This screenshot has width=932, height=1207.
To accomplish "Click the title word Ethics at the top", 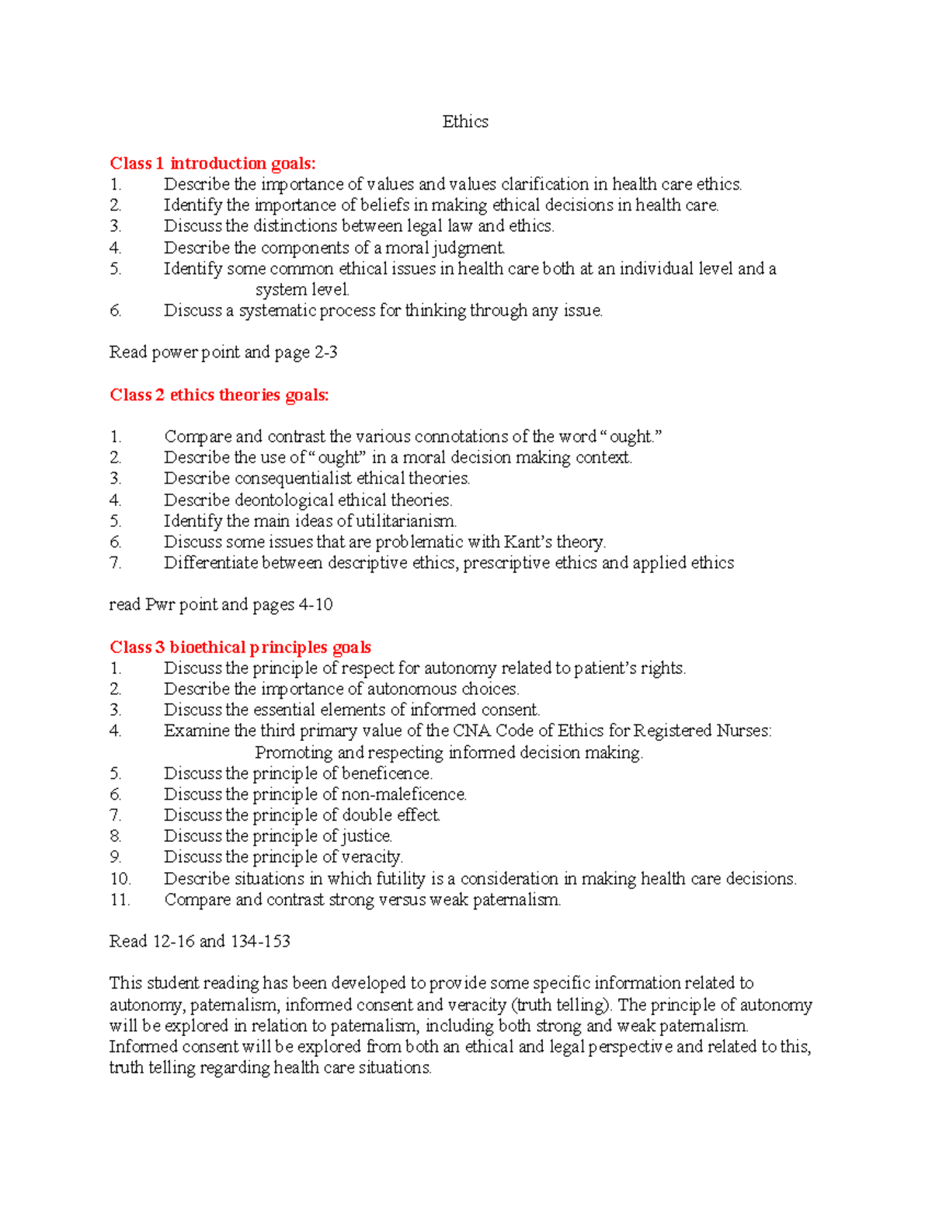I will click(x=465, y=122).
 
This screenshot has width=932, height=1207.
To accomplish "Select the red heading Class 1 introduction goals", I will click(x=213, y=163).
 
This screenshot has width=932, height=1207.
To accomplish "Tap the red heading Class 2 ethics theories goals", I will click(x=219, y=395).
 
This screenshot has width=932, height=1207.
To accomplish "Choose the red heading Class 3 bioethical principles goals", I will click(x=240, y=647).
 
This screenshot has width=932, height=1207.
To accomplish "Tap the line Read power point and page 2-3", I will click(x=223, y=353).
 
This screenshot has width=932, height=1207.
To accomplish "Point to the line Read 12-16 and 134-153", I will click(x=200, y=941).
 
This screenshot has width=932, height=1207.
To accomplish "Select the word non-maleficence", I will click(x=404, y=794).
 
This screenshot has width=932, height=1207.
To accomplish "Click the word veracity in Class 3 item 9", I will click(x=372, y=857).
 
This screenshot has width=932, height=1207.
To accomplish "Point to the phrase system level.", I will click(x=302, y=290).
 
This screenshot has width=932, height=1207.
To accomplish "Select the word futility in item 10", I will click(x=400, y=879).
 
